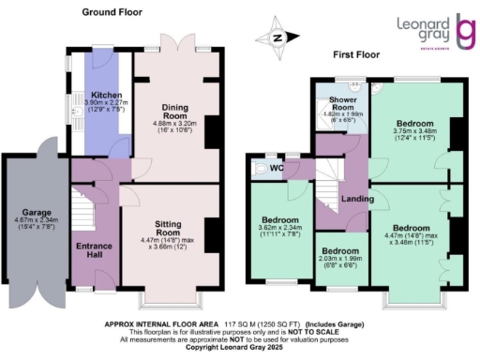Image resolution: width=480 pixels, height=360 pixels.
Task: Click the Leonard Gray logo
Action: coord(432,34)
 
